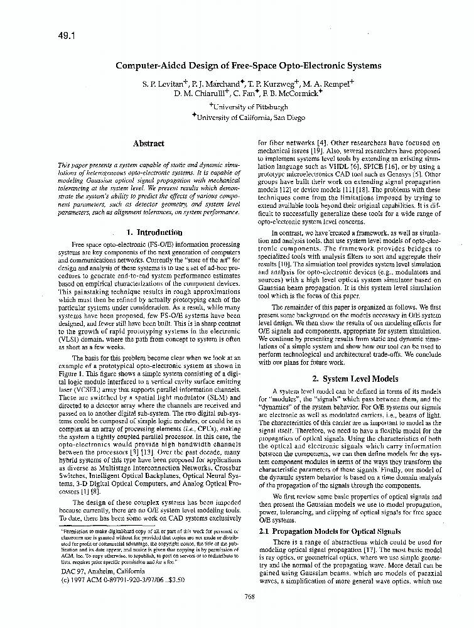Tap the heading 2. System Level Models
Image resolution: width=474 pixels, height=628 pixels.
tap(355, 379)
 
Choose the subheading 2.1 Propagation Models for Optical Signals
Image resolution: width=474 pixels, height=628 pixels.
tap(330, 531)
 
